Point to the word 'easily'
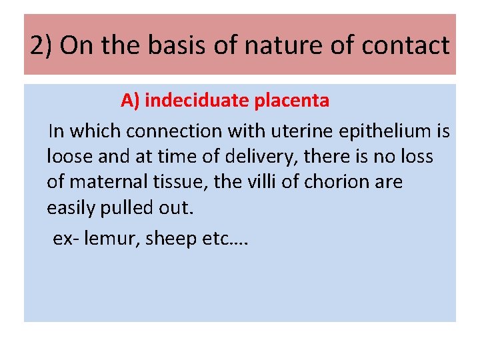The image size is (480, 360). click(71, 208)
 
